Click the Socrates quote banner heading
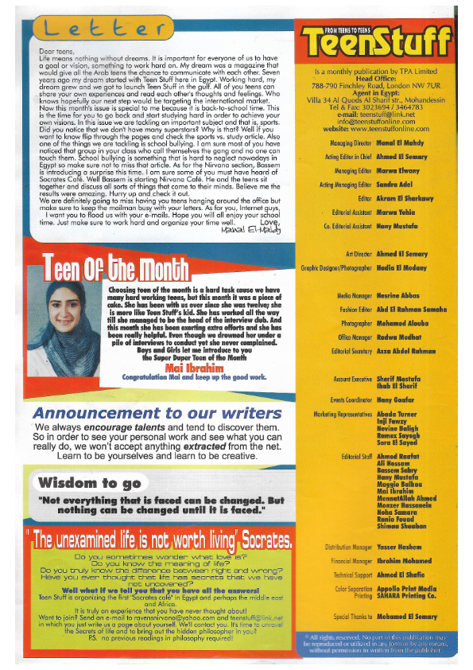pyautogui.click(x=159, y=540)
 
